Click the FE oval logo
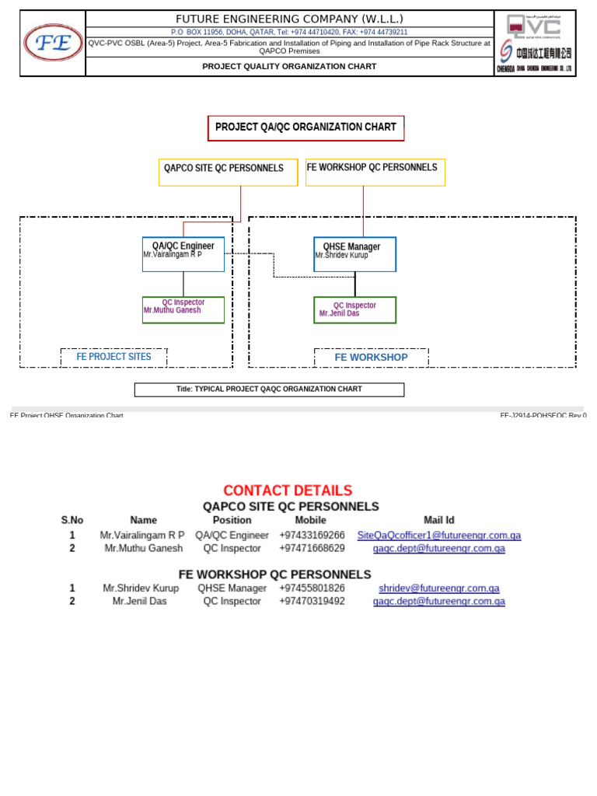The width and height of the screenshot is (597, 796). [53, 44]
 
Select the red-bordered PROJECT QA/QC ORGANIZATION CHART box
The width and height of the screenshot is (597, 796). [305, 127]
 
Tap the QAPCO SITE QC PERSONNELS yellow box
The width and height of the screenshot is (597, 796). [228, 172]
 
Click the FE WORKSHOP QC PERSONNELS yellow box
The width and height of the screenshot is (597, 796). [375, 171]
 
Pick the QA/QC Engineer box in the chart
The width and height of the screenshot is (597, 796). [183, 253]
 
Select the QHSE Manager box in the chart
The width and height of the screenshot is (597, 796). [354, 253]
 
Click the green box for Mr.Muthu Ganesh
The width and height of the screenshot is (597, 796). [183, 309]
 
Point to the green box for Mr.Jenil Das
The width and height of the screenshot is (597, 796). [354, 309]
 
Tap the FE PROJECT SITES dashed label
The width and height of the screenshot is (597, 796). [113, 357]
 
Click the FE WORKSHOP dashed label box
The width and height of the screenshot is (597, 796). [371, 358]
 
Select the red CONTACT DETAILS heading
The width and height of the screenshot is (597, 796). [288, 491]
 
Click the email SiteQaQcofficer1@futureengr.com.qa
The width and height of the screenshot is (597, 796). [438, 536]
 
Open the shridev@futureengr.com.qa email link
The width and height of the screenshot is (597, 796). [438, 588]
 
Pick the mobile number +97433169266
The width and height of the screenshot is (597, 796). [312, 536]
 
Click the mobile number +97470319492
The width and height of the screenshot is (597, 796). [312, 601]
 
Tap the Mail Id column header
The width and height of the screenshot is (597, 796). [438, 520]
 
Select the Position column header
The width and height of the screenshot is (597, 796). [232, 520]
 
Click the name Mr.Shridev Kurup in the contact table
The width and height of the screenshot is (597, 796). [141, 588]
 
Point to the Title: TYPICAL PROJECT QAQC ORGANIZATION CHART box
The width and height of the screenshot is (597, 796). [269, 389]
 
